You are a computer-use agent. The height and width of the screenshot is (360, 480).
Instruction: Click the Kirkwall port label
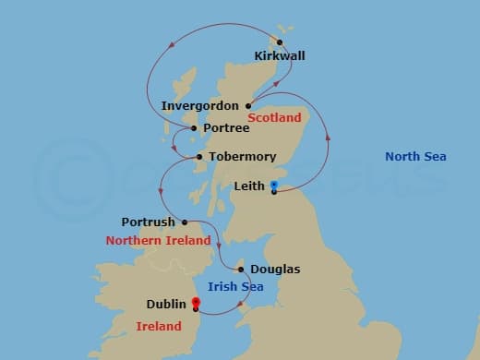click(279, 55)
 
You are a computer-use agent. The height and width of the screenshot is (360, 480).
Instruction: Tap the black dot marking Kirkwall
click(280, 42)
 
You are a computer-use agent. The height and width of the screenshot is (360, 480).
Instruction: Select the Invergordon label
click(200, 106)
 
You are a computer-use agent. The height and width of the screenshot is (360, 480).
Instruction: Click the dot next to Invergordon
click(248, 106)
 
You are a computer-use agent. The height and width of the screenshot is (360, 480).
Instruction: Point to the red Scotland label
click(275, 118)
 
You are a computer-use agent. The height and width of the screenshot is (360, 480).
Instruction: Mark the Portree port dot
click(195, 128)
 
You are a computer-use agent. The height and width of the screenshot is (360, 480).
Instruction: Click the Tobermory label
click(243, 157)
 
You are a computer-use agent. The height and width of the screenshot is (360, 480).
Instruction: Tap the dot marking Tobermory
click(199, 157)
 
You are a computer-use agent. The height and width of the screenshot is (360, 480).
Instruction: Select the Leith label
click(250, 186)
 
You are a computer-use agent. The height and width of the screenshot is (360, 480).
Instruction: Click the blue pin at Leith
click(274, 186)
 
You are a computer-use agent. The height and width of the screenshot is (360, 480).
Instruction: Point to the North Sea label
click(415, 157)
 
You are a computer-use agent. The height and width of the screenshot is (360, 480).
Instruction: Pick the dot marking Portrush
click(185, 222)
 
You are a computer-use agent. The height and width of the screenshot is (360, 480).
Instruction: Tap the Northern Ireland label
click(158, 241)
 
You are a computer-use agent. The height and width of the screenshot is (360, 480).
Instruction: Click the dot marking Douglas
click(241, 270)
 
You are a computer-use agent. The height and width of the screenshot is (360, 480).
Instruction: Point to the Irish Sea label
click(235, 288)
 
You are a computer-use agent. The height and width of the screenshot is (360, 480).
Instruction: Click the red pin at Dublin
click(196, 302)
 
